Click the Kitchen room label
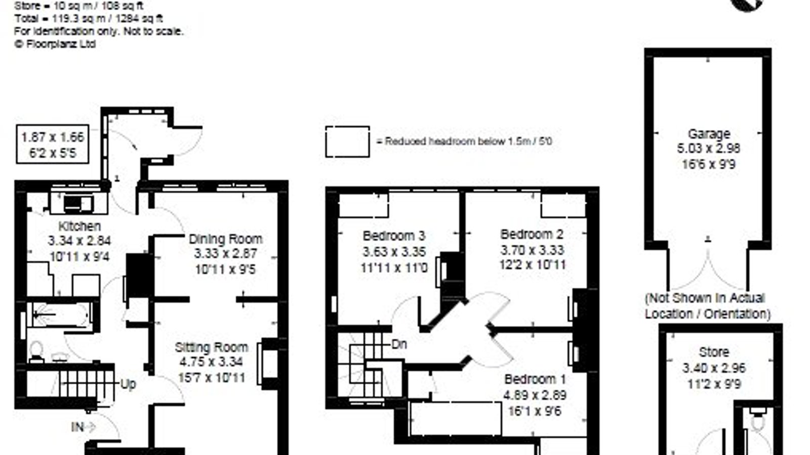[79, 226]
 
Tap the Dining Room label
[226, 239]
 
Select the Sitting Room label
[212, 347]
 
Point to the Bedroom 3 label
[394, 236]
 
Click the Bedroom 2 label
[532, 235]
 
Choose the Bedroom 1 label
[535, 379]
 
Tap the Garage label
[709, 134]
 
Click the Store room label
[714, 352]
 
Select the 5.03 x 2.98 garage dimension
[709, 149]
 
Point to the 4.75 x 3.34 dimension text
[211, 362]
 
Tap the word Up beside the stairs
[128, 384]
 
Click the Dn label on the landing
[399, 344]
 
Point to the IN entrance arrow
[84, 428]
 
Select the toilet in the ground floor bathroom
[36, 351]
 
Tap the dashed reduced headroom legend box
[347, 142]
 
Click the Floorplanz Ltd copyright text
[55, 44]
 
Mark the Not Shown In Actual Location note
[708, 306]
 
